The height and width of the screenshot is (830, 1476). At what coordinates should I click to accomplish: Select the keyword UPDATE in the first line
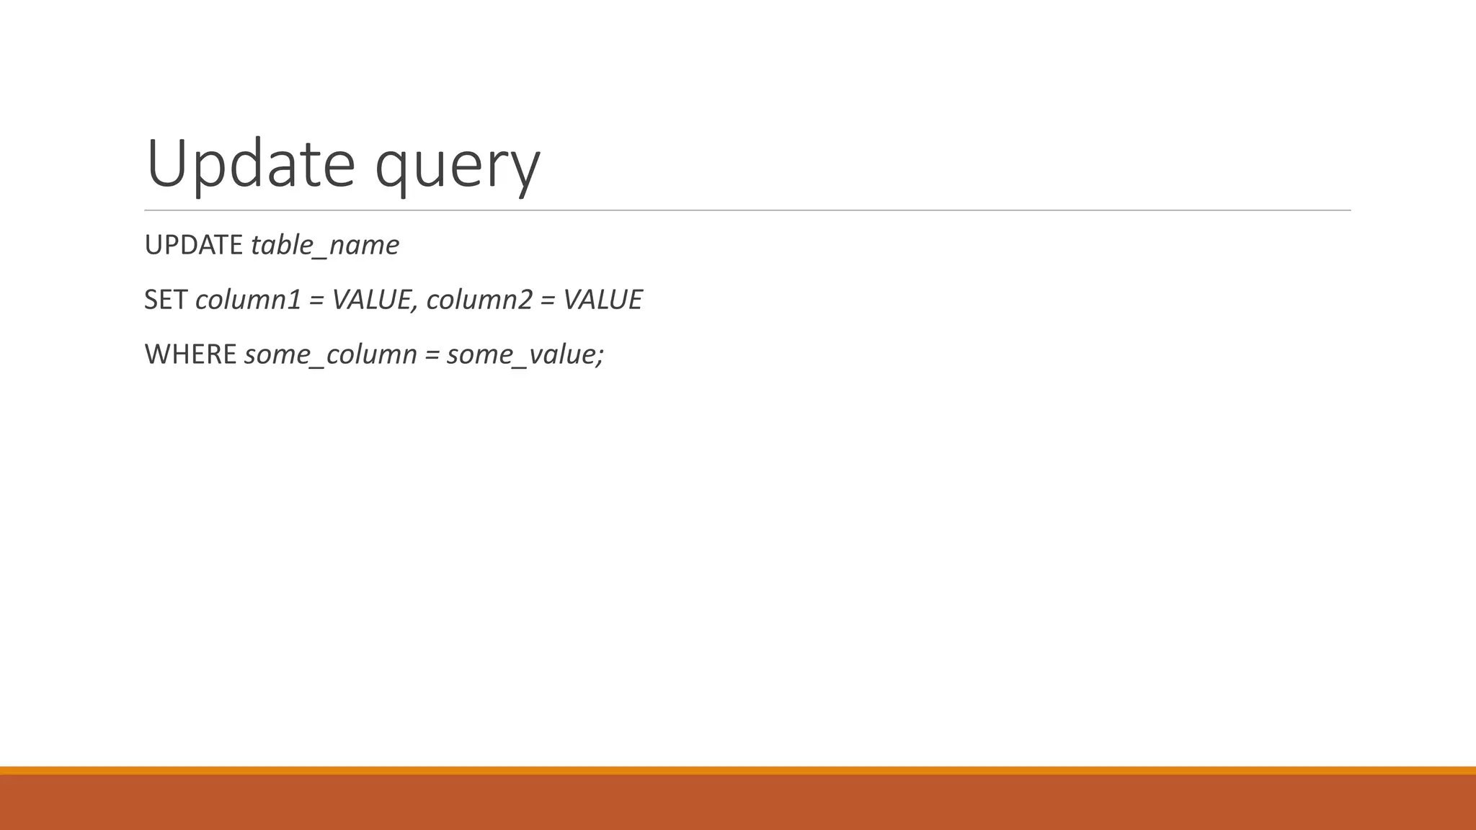(x=193, y=246)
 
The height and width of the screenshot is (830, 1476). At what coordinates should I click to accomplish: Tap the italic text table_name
(x=324, y=246)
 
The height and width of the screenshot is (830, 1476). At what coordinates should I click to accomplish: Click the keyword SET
(x=166, y=300)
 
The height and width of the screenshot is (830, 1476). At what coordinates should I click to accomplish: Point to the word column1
(x=247, y=300)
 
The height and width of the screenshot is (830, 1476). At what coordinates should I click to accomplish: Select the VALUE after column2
(x=603, y=300)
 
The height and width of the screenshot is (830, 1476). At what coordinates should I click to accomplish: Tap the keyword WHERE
(x=190, y=354)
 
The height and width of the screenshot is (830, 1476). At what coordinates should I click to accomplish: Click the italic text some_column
(x=331, y=354)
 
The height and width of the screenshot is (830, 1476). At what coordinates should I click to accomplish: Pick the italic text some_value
(x=520, y=354)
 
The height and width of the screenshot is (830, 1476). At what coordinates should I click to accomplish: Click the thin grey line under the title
(x=747, y=210)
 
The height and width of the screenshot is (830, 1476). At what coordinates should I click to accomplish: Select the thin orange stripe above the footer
(x=738, y=770)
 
